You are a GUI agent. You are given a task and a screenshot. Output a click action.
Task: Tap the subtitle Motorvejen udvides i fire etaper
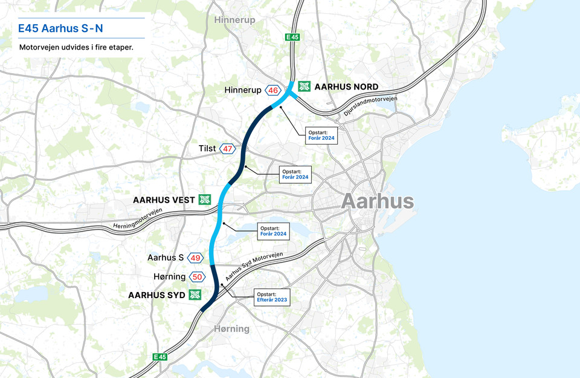(76, 47)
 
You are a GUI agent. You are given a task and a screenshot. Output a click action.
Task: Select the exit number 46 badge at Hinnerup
(273, 90)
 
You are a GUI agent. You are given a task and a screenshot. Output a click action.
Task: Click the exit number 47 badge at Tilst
(227, 149)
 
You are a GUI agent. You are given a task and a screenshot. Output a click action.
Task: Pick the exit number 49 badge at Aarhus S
(195, 258)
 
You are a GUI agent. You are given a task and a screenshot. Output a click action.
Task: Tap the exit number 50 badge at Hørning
(196, 277)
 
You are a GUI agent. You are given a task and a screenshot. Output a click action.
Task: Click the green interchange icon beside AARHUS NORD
(305, 86)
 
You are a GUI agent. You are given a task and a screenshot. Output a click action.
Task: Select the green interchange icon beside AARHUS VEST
(205, 200)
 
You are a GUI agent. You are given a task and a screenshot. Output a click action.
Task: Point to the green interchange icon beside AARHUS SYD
(195, 295)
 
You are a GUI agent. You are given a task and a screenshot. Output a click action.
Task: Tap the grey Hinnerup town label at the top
(234, 20)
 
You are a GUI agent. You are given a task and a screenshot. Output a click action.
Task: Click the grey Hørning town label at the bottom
(231, 329)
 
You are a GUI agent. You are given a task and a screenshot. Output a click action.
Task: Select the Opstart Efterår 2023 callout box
(271, 296)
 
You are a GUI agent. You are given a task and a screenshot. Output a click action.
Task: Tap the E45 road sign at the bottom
(159, 357)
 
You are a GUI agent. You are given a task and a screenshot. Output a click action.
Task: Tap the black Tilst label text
(207, 149)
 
